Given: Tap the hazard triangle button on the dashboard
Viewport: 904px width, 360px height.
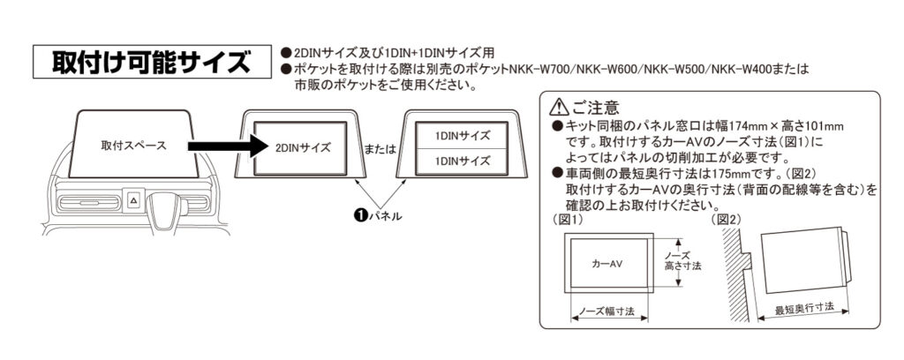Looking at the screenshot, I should coord(132,200).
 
